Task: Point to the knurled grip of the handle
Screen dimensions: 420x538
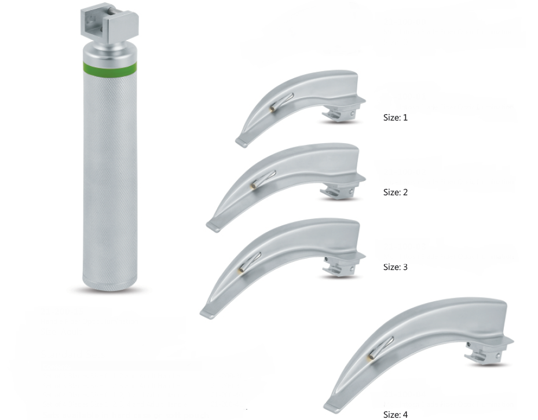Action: coord(110,174)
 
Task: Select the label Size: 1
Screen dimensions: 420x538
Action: coord(396,118)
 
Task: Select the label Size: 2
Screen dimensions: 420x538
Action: coord(396,192)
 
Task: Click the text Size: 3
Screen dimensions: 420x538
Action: coord(396,267)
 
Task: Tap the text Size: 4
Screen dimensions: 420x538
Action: coord(396,414)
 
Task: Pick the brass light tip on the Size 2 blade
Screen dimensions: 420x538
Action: coord(254,185)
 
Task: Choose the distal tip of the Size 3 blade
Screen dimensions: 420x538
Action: coord(207,313)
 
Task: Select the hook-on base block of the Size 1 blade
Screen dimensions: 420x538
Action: coord(339,114)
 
